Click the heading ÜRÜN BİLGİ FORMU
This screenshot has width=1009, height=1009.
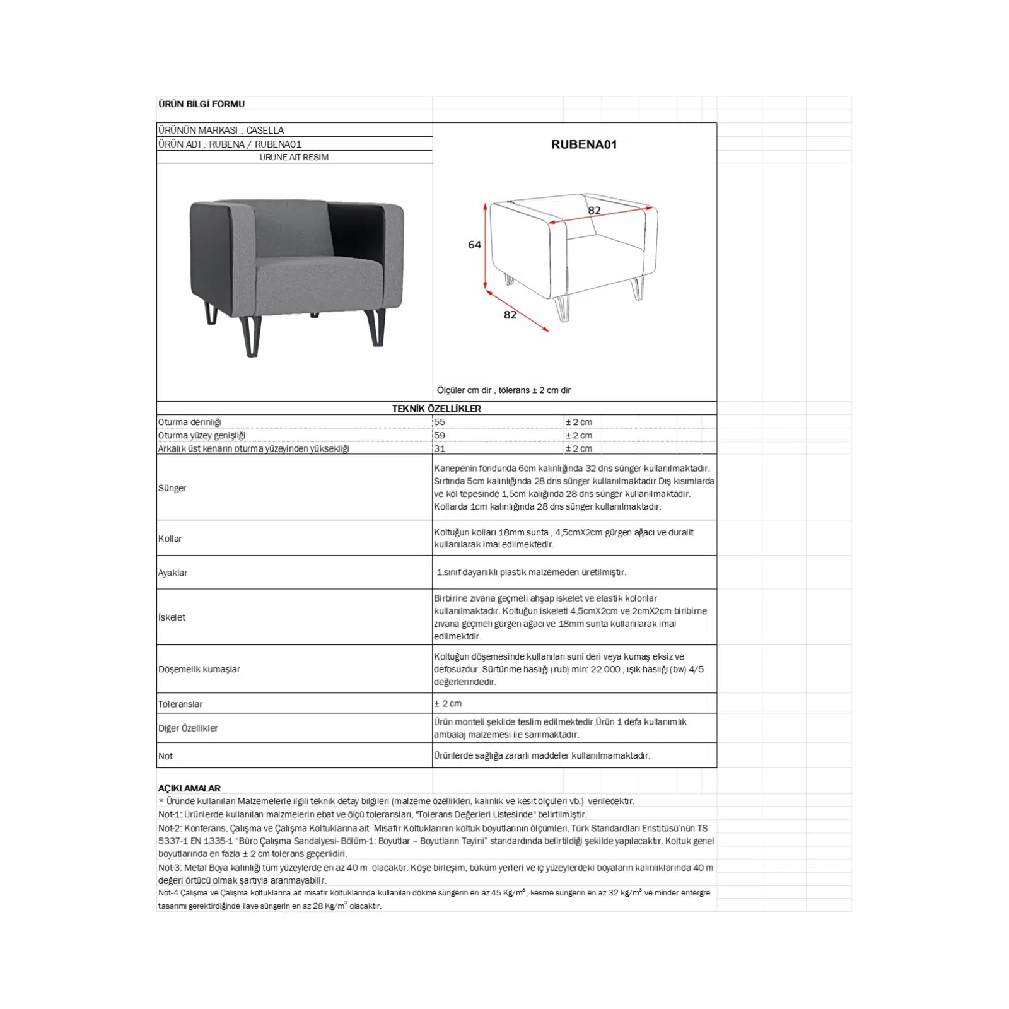click(x=201, y=104)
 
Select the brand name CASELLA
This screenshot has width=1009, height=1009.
click(x=265, y=131)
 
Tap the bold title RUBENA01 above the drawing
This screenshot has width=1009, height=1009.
click(x=584, y=144)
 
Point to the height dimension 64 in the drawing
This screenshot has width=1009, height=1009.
click(x=474, y=245)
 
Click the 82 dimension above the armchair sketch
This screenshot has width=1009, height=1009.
click(x=594, y=211)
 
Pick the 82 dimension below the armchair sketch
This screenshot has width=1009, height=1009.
click(x=510, y=315)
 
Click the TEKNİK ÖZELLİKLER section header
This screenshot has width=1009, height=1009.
click(x=436, y=409)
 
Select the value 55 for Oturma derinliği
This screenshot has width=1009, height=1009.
click(x=440, y=422)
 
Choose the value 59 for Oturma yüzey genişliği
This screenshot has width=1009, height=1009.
click(x=440, y=435)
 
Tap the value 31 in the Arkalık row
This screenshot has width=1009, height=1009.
click(x=440, y=448)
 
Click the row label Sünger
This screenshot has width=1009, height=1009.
click(x=172, y=488)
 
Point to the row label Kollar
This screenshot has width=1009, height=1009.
click(x=170, y=539)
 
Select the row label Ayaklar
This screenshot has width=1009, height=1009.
click(x=173, y=573)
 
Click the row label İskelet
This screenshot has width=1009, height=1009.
click(x=172, y=617)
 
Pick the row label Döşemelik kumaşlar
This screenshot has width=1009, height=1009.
click(x=199, y=669)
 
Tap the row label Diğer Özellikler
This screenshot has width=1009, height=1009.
click(x=188, y=728)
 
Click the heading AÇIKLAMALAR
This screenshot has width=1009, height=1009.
click(x=189, y=788)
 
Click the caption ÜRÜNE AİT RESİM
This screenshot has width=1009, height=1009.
click(x=294, y=157)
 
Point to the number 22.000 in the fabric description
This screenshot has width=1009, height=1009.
click(x=605, y=669)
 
